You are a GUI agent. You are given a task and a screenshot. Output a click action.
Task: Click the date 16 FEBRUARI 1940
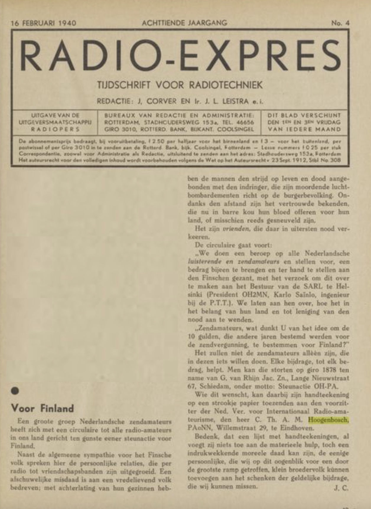tap(43, 23)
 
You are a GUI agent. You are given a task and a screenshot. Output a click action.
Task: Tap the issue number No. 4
tap(340, 23)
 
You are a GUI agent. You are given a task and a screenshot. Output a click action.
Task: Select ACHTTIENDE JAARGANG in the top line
tap(184, 23)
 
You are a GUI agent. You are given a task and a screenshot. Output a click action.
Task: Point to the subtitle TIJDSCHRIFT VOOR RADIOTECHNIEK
tap(180, 85)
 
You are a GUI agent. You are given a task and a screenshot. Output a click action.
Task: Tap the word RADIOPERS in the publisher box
tap(55, 129)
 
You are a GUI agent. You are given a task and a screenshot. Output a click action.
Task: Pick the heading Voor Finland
tap(42, 409)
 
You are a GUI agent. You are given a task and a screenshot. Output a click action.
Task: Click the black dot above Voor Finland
tap(15, 391)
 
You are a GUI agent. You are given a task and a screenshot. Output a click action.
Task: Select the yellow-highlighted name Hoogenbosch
tap(328, 420)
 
